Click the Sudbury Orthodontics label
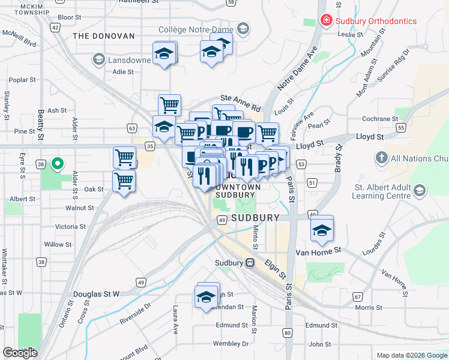click(376, 21)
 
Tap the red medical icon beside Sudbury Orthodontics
click(326, 21)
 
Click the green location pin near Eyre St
click(58, 163)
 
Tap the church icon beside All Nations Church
click(381, 158)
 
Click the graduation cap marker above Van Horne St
click(322, 229)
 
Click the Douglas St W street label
click(97, 294)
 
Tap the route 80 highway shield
click(288, 332)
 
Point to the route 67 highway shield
click(358, 296)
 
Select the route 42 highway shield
click(55, 27)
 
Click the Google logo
click(20, 352)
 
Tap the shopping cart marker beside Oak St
click(124, 181)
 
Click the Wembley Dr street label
click(231, 344)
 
